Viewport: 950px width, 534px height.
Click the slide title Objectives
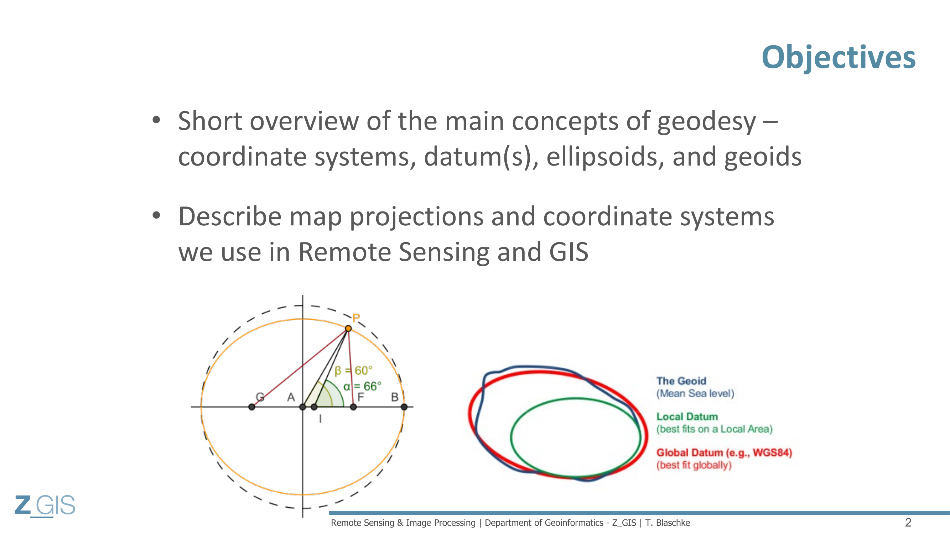point(838,57)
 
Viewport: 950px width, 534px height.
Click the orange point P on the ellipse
point(348,328)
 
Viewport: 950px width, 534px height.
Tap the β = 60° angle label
point(353,370)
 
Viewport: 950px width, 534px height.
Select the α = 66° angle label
point(362,386)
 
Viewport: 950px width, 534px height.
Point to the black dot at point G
point(251,407)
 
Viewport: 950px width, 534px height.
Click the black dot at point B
point(404,407)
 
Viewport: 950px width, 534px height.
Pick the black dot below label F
point(353,407)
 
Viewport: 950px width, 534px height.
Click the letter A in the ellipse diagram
point(291,397)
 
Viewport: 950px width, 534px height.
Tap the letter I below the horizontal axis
point(320,419)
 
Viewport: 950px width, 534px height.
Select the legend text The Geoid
point(681,381)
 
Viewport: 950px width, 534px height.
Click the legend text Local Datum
point(687,417)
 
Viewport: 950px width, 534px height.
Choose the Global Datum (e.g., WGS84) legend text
point(724,452)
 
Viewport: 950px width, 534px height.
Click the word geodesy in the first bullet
point(706,122)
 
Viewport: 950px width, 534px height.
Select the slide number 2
point(908,522)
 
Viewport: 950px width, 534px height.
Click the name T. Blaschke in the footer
point(667,523)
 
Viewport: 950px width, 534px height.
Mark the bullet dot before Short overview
point(156,120)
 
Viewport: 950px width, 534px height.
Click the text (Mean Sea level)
point(695,393)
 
